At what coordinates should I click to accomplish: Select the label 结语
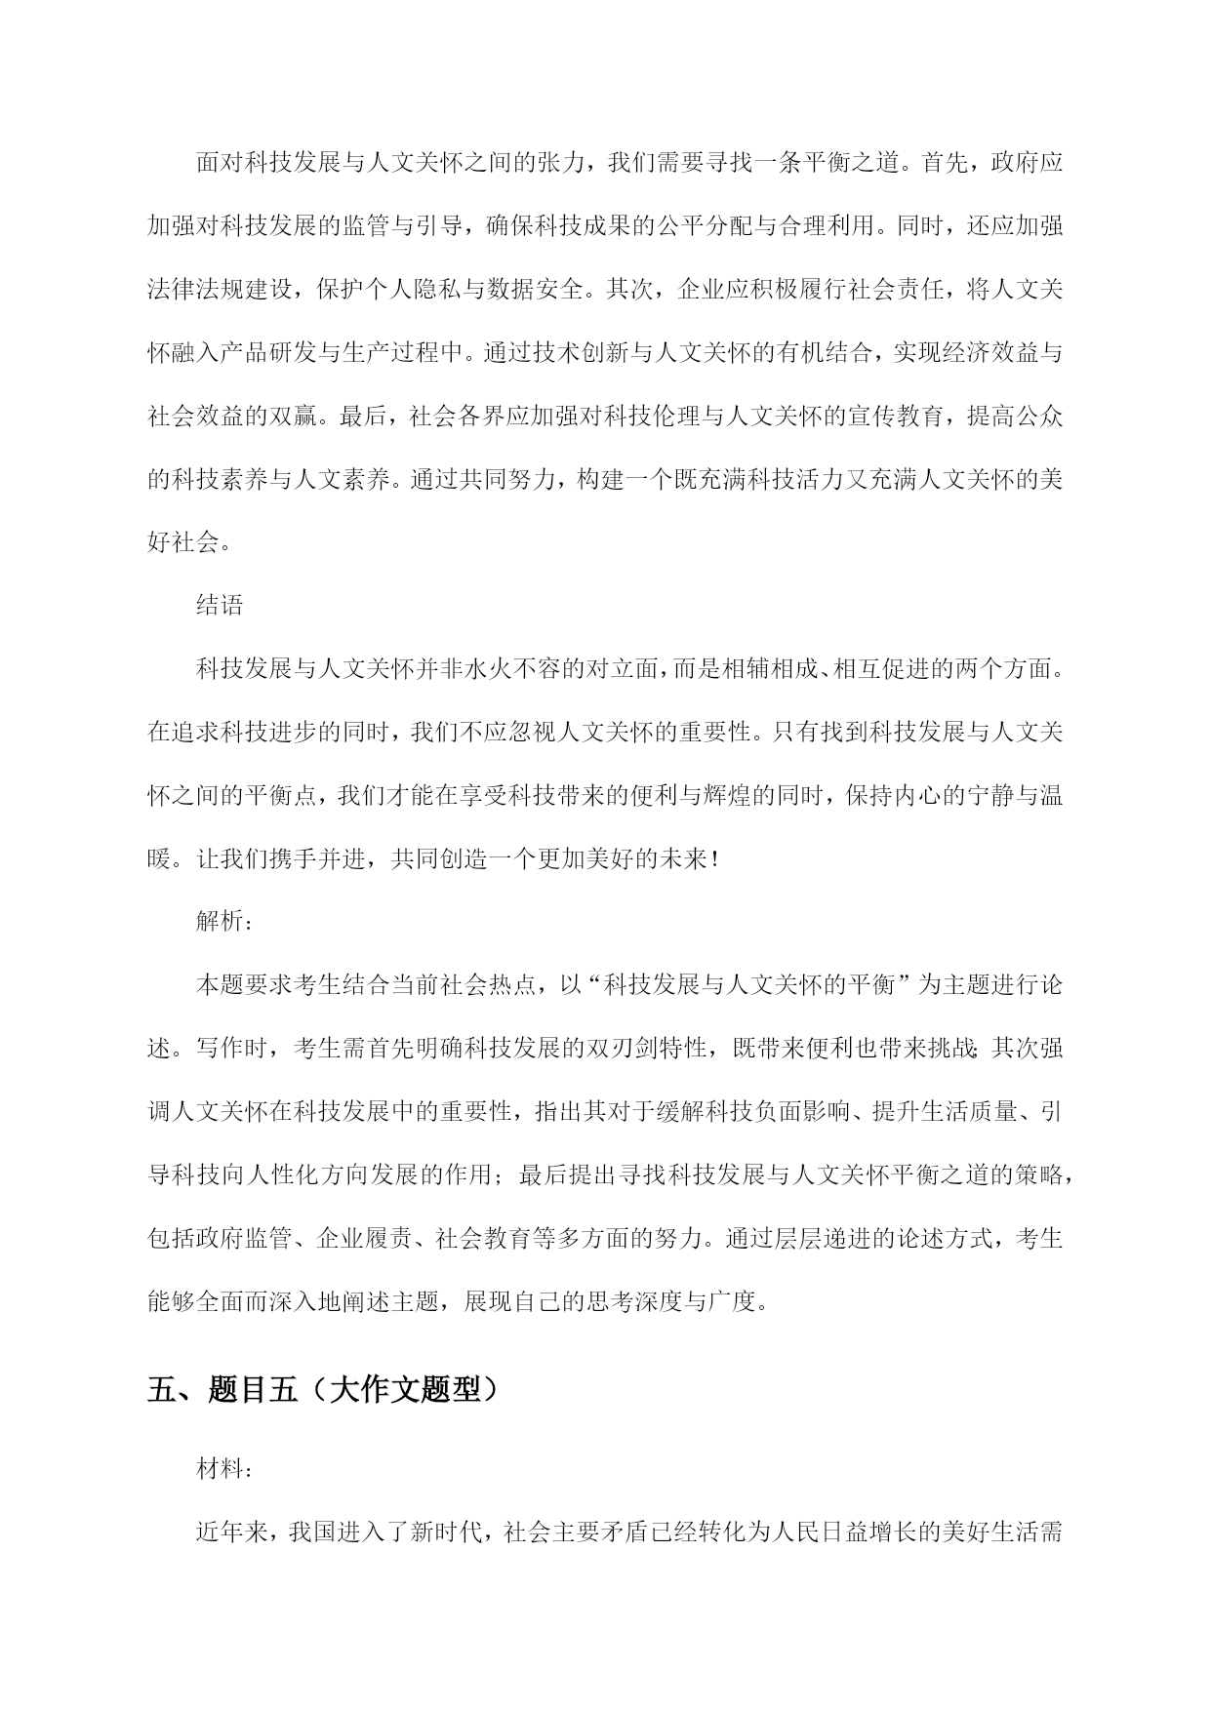220,605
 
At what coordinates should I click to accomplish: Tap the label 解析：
225,921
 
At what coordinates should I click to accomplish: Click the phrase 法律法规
195,289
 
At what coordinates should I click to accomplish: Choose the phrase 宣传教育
894,416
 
